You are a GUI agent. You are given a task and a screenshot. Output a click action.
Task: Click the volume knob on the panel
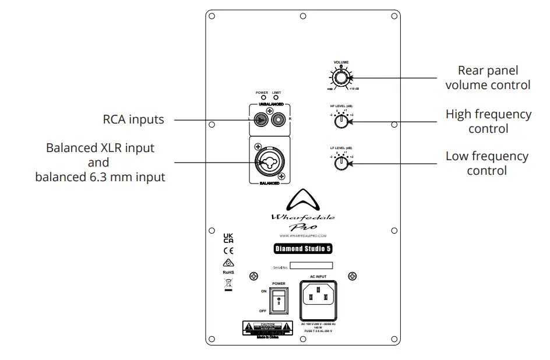tap(341, 77)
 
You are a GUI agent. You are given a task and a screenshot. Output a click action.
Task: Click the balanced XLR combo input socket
tap(269, 159)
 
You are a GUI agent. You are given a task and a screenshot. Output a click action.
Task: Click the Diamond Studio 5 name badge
tap(302, 249)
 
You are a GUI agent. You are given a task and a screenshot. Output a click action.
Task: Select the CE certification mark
tap(228, 250)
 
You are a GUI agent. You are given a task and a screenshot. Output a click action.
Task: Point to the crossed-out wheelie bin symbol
tap(228, 284)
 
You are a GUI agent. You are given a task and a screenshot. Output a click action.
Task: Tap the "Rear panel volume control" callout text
tap(488, 77)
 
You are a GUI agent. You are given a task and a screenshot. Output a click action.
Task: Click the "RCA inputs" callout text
tap(133, 119)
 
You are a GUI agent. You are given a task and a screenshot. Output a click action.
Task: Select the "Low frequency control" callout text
tap(486, 163)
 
